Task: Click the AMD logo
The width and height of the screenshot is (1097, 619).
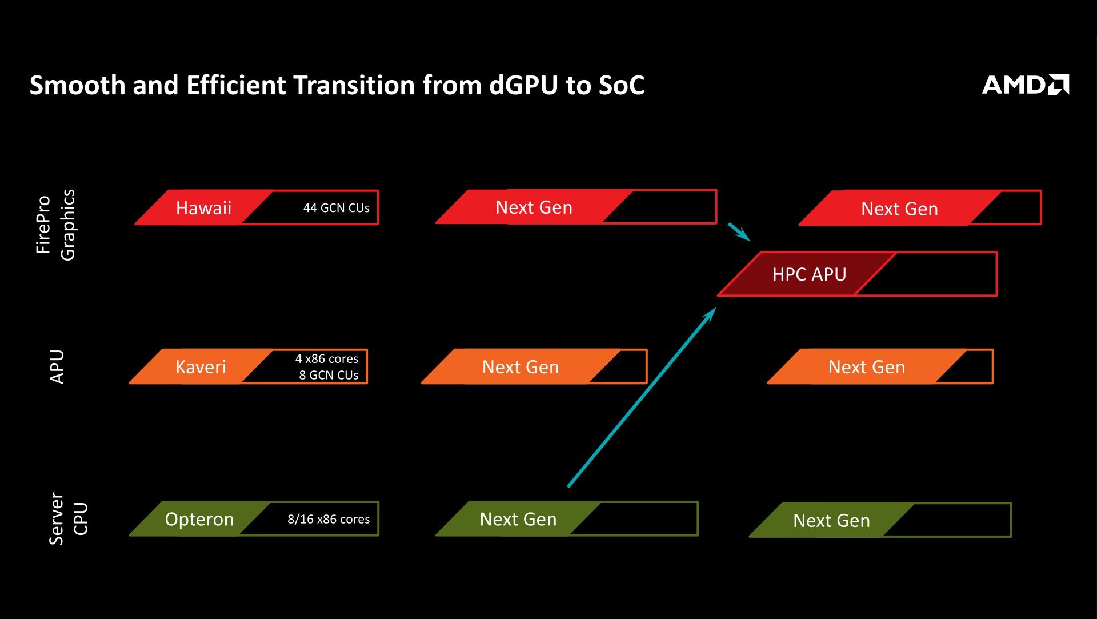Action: (1025, 85)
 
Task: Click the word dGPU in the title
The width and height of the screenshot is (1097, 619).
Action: (523, 85)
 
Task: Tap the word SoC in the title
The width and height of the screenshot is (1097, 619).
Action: (622, 85)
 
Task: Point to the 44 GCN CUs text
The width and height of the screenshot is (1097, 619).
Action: (336, 208)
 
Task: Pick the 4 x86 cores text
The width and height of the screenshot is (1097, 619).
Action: (326, 358)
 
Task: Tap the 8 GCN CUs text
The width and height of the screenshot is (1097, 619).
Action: (329, 375)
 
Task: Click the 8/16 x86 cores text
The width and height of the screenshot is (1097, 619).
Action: (328, 519)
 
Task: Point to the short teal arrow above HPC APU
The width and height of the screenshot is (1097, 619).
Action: (739, 231)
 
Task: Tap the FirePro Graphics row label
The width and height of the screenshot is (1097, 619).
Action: (55, 225)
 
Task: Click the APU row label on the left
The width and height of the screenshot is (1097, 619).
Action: (57, 366)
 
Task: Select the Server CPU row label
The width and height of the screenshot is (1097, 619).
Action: (68, 518)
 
